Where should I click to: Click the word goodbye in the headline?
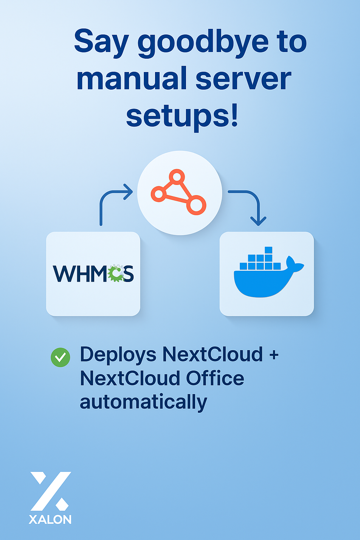[203, 43]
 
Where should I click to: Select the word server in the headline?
[243, 79]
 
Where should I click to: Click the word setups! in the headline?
[182, 116]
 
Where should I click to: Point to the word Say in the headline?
[101, 42]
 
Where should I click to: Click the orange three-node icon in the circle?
[179, 192]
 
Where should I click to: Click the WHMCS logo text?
[93, 274]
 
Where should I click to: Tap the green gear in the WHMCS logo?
[116, 274]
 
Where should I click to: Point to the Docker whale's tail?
[295, 264]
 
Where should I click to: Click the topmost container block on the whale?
[269, 250]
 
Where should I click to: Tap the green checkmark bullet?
[60, 357]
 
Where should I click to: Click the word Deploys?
[118, 355]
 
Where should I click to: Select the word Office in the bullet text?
[215, 379]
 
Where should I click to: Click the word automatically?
[143, 402]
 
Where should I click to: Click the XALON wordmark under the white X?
[50, 520]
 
